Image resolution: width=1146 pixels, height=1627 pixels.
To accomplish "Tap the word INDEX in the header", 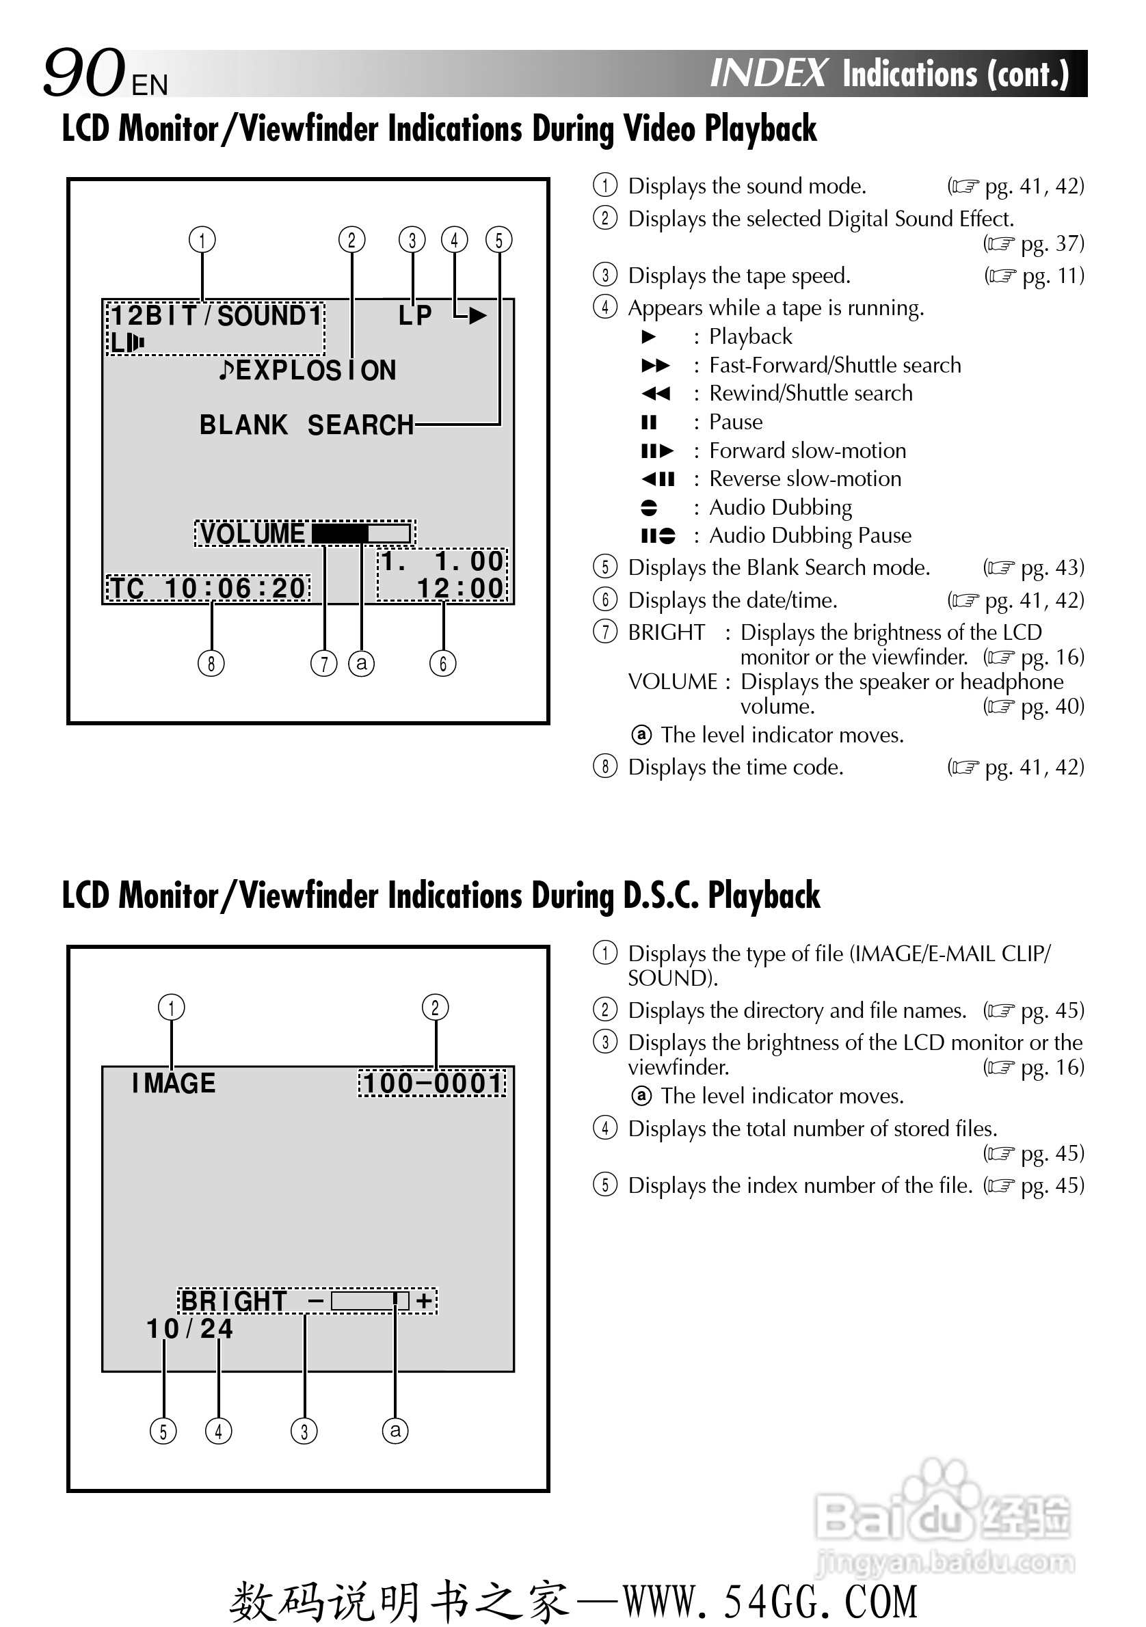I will pos(768,73).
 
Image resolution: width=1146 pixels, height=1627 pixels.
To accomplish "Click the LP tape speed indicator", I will pos(414,315).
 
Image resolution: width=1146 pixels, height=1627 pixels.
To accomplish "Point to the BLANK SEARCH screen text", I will pos(306,425).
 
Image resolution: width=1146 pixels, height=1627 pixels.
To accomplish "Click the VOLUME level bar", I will pos(362,533).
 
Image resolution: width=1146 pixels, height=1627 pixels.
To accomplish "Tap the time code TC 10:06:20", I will pos(209,588).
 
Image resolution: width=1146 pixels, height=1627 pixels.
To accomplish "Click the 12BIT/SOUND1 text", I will pos(216,316).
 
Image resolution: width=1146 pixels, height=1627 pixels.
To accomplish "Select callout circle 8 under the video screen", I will pos(211,663).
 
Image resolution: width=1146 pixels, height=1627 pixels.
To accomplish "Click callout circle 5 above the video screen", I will pos(499,239).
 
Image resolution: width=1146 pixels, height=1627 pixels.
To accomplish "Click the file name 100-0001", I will pos(432,1083).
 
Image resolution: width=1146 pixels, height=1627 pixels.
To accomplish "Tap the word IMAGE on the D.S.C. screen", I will pos(174,1083).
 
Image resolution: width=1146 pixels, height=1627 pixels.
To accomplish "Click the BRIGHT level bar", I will pos(370,1300).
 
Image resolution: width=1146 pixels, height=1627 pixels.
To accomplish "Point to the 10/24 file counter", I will pos(189,1329).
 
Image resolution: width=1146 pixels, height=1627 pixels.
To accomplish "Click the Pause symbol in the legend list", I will pos(648,422).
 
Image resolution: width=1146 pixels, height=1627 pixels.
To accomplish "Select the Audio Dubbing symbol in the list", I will pos(648,507).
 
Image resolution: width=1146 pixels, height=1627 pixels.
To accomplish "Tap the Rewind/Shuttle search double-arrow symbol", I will pos(656,393).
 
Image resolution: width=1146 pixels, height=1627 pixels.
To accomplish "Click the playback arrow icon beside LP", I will pos(477,315).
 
